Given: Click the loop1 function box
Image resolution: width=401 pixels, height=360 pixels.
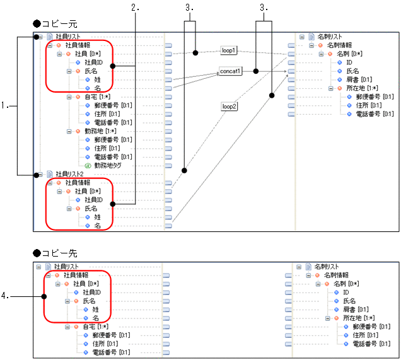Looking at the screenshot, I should pos(229,50).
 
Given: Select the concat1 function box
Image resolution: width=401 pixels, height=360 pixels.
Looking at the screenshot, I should pos(231,71).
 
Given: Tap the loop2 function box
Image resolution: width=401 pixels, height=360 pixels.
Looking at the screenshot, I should pos(229,107).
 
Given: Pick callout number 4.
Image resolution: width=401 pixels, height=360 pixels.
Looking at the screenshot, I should pos(6,295).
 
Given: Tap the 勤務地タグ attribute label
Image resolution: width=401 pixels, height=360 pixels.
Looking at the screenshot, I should pos(108,165).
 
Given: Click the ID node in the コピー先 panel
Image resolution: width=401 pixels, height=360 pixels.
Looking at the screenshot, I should pos(346,293).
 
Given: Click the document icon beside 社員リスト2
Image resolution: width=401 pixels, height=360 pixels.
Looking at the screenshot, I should pos(50,173).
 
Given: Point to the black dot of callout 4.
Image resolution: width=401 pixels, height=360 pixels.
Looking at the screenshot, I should pos(44,295).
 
